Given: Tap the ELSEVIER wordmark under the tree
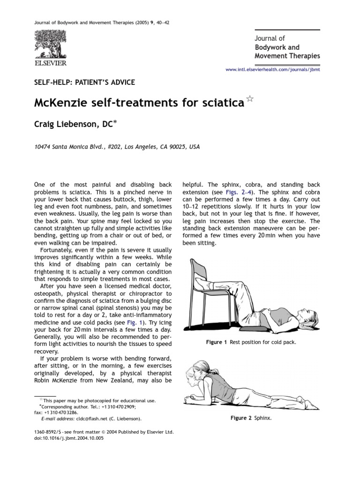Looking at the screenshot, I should click(50, 62).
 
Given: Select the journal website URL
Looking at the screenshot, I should click(273, 69).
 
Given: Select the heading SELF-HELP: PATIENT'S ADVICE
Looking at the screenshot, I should click(85, 82).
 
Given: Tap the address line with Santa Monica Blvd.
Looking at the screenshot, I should click(117, 147).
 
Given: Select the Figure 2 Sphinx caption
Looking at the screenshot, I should click(255, 418).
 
